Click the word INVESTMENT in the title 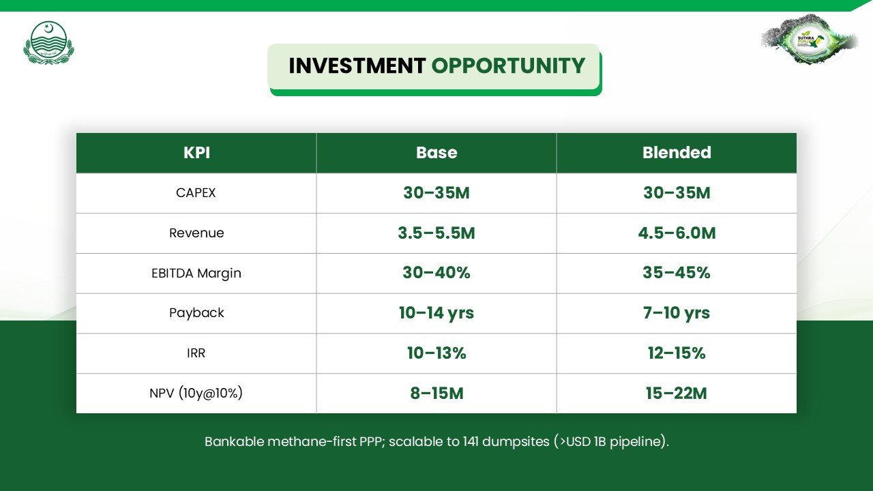tap(357, 65)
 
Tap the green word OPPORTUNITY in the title tap(508, 65)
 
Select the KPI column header tap(197, 152)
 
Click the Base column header tap(436, 152)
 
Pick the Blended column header tap(677, 152)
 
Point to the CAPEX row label tap(196, 193)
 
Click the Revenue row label tap(196, 233)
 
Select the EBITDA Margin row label tap(196, 273)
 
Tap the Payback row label tap(196, 313)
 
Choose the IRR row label tap(196, 353)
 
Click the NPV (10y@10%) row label tap(196, 393)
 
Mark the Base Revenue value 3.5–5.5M tap(436, 233)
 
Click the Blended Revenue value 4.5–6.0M tap(677, 233)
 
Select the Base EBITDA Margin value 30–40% tap(436, 273)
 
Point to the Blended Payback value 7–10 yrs tap(677, 313)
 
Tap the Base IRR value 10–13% tap(436, 353)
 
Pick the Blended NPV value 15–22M tap(676, 393)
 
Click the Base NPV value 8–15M tap(436, 393)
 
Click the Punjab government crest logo tap(48, 43)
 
